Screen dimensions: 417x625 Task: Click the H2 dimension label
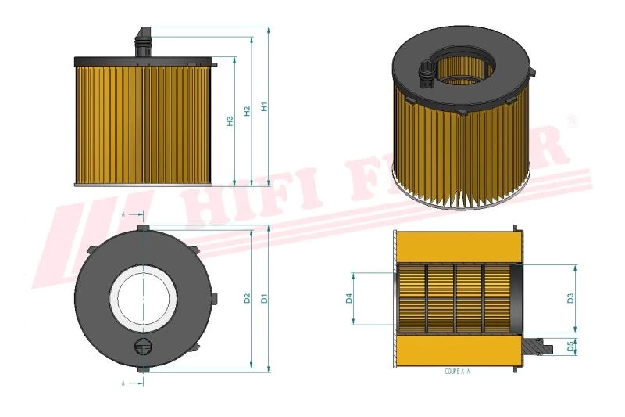(x=247, y=112)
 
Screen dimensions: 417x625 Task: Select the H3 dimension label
(x=230, y=120)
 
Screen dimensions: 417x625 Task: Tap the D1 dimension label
(x=264, y=298)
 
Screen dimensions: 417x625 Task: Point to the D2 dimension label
(x=247, y=298)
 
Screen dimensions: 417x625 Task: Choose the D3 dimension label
(x=570, y=298)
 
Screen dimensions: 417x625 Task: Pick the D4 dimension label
(x=349, y=298)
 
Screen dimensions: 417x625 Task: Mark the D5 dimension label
(x=570, y=345)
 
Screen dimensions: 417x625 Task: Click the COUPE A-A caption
(x=457, y=373)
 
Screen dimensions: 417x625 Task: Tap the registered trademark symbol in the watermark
(x=571, y=122)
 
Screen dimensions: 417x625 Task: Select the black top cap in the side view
(x=144, y=60)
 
